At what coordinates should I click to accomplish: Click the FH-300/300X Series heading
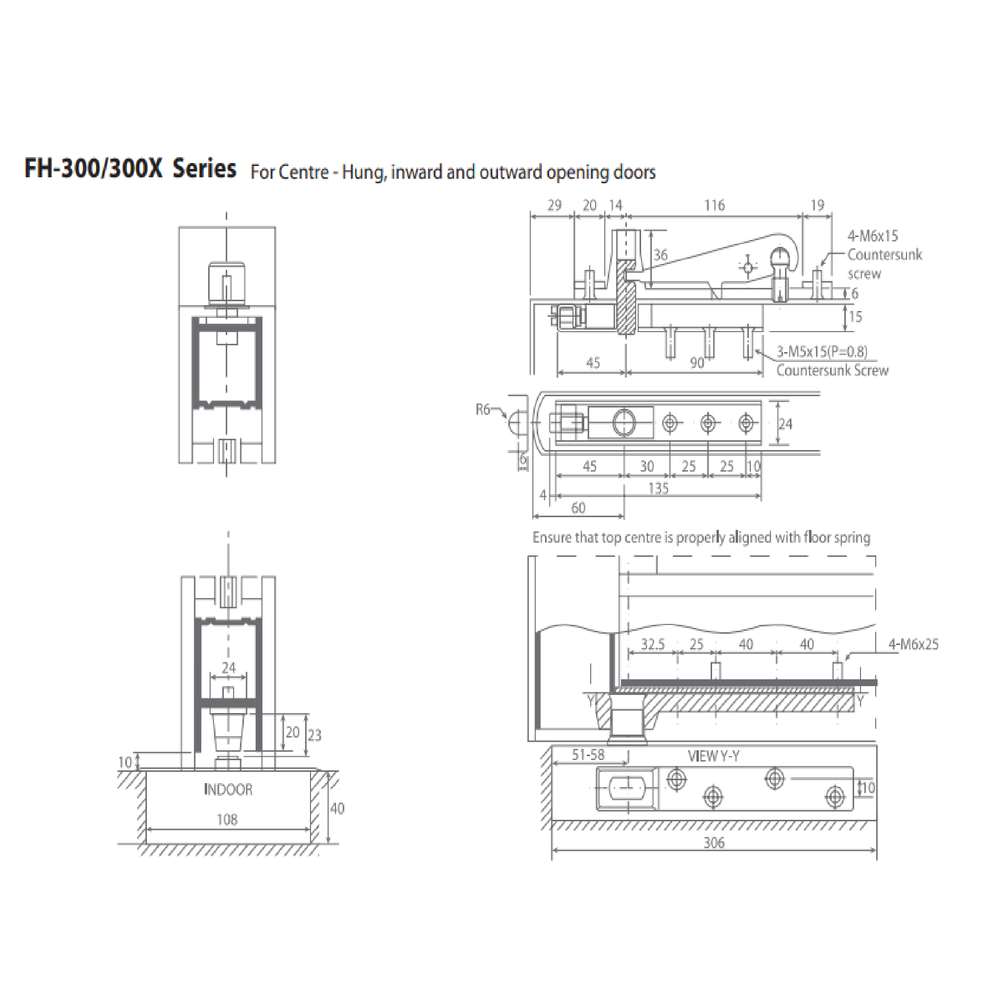click(130, 169)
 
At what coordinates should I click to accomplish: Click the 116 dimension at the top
click(715, 206)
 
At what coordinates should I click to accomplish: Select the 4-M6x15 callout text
click(873, 236)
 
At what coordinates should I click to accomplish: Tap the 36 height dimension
click(660, 255)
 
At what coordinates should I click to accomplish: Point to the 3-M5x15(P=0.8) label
click(822, 352)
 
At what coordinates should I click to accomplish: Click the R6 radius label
click(483, 409)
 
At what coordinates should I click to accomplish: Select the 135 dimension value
click(658, 488)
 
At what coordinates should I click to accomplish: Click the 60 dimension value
click(578, 508)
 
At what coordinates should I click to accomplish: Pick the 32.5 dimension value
click(652, 645)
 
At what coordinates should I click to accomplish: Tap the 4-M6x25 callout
click(914, 645)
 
